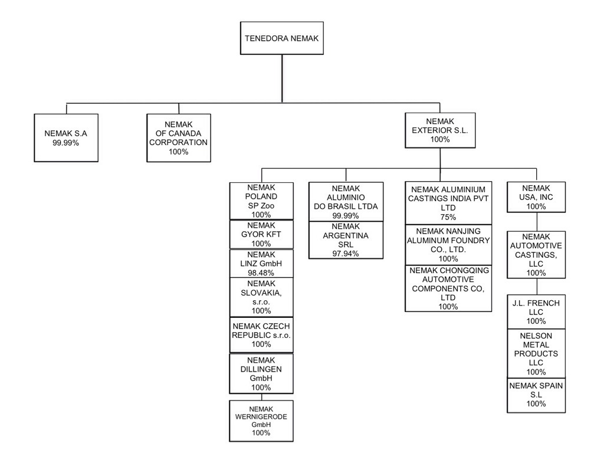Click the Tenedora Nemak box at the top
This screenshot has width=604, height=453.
point(281,38)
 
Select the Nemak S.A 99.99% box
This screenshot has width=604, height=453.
point(66,137)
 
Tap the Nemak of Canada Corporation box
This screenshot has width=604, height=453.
point(178,138)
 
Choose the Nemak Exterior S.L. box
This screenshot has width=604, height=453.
point(440,130)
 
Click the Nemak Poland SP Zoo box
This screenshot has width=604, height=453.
point(262,201)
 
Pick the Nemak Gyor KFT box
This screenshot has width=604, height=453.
point(262,235)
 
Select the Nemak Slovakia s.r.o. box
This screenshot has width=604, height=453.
point(262,297)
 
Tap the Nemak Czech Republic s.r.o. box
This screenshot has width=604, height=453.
point(262,335)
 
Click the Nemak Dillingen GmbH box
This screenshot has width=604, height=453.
point(262,373)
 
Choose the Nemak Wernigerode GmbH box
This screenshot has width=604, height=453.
point(261,421)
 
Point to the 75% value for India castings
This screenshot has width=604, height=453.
point(448,217)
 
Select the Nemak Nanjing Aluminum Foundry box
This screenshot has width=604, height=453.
point(448,245)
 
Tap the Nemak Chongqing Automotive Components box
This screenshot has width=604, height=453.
point(448,288)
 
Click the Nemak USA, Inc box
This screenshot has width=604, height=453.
point(536,198)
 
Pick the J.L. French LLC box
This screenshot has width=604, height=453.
point(536,312)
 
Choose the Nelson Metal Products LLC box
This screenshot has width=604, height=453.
point(536,353)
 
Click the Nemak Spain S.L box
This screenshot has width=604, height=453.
point(536,395)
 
